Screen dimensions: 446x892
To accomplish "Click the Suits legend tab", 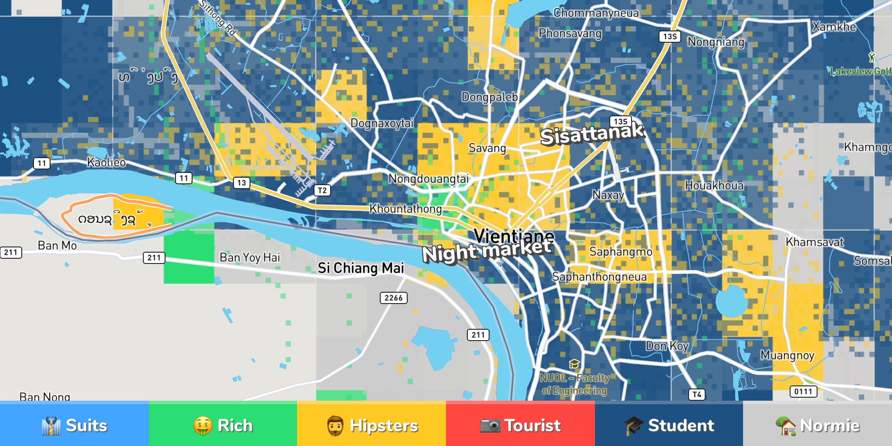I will (x=74, y=425).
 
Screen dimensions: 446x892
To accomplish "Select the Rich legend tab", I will (x=223, y=425).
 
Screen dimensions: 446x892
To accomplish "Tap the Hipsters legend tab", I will (x=372, y=425).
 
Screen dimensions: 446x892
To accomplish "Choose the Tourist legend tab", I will (x=520, y=425).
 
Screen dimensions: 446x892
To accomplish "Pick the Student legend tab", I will (x=669, y=425).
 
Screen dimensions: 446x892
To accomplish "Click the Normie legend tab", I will (x=818, y=425).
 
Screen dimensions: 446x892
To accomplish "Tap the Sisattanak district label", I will (x=592, y=133).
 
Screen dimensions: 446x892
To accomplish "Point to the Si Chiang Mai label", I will (x=361, y=268).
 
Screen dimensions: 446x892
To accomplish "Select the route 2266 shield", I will (x=393, y=298).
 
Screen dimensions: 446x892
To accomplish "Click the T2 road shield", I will (x=322, y=190).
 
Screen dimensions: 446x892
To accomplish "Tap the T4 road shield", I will (x=697, y=395).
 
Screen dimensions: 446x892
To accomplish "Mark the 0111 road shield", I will (x=803, y=392).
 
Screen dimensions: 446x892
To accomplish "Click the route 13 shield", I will (x=242, y=183).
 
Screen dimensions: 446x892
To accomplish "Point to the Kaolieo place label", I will (x=106, y=162).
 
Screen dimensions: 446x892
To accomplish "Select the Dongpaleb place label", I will (x=490, y=97).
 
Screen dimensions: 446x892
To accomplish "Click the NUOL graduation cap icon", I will (x=574, y=364).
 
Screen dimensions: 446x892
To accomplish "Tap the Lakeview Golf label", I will (x=860, y=71).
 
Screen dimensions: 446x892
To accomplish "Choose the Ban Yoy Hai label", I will (x=250, y=257).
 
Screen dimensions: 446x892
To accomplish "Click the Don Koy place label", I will (x=667, y=346).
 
